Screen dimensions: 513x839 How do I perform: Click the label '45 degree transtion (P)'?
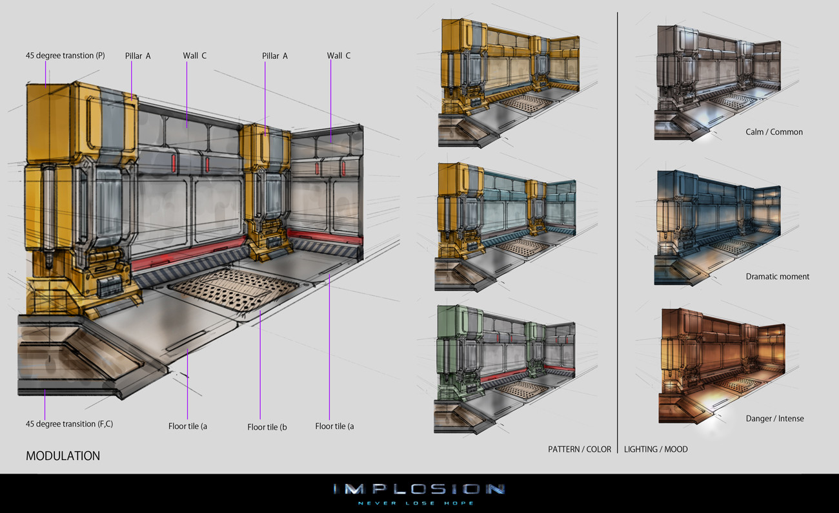tap(65, 56)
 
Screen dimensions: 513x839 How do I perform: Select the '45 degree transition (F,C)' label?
tap(70, 424)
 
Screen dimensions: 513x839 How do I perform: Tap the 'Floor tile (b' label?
tap(267, 427)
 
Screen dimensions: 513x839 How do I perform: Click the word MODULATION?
tap(63, 455)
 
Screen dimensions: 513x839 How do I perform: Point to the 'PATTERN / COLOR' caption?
tap(579, 449)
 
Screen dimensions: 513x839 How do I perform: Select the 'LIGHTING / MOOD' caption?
tap(656, 449)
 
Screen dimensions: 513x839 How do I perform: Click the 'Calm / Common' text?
tap(774, 132)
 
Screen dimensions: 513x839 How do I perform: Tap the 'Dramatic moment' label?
tap(777, 277)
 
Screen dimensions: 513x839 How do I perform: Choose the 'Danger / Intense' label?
tap(774, 419)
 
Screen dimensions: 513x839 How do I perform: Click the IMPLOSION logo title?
tap(419, 488)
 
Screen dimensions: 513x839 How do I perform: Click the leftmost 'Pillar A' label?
tap(137, 56)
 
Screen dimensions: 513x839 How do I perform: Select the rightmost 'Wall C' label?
tap(339, 56)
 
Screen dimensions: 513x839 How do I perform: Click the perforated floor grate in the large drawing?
tap(232, 288)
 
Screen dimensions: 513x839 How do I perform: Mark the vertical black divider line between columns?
tap(618, 226)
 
